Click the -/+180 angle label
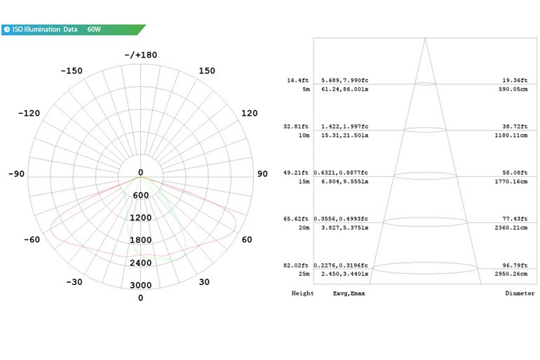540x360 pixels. [140, 55]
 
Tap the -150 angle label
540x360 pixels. [72, 71]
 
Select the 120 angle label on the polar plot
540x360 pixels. [250, 113]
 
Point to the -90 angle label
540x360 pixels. [17, 173]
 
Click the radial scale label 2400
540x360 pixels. [140, 263]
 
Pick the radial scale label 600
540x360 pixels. [140, 195]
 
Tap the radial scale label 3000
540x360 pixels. [140, 285]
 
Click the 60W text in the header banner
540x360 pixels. [94, 29]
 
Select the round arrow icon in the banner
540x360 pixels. [7, 29]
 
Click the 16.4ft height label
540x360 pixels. [297, 80]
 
